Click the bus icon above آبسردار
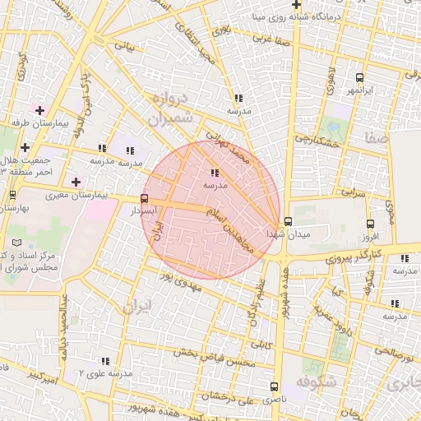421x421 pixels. tap(145, 198)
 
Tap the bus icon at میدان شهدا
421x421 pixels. tap(287, 221)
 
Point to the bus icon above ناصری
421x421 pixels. tap(274, 386)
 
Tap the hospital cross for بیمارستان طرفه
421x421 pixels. tap(39, 109)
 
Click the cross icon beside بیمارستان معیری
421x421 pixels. tap(76, 182)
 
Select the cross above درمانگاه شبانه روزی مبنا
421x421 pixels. tap(296, 4)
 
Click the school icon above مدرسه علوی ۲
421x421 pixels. tap(105, 361)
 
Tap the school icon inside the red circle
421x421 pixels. tap(215, 173)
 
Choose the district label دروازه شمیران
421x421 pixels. tap(172, 108)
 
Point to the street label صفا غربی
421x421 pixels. tap(273, 38)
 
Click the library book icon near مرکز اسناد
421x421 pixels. tap(18, 245)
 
